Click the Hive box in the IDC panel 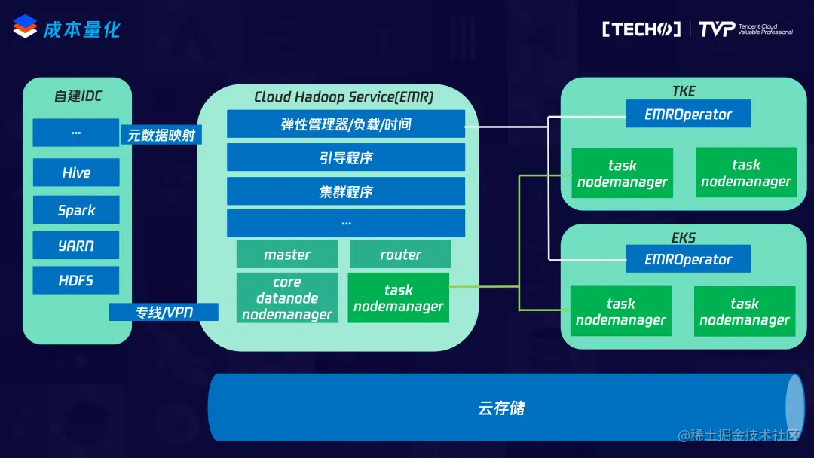pos(76,173)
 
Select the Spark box pos(76,209)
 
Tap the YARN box pos(76,245)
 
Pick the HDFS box pos(76,280)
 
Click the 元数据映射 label pos(161,135)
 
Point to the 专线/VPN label pos(164,313)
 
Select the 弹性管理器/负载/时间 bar pos(346,124)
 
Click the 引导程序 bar pos(346,157)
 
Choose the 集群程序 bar pos(346,191)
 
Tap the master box pos(287,254)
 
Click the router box pos(400,254)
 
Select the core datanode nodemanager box pos(287,298)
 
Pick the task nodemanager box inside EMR pos(398,298)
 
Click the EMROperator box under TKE pos(688,114)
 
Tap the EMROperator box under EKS pos(688,259)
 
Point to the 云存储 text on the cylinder pos(501,408)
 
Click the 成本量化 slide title pos(81,29)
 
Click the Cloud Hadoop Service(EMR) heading pos(344,96)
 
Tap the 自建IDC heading pos(78,96)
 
